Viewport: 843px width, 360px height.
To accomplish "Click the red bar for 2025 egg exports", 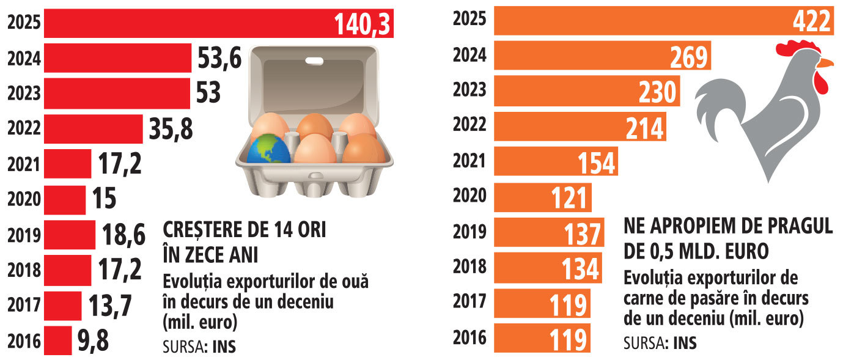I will pos(183,23).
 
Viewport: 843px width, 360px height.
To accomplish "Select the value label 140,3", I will pos(363,24).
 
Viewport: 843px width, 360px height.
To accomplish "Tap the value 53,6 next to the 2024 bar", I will pos(219,59).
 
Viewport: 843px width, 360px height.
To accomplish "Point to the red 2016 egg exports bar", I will pos(57,340).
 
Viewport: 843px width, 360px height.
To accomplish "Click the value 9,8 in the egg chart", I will pos(93,341).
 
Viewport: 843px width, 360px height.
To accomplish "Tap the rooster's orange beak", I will pos(825,62).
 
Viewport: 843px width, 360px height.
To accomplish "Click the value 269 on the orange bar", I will pos(688,57).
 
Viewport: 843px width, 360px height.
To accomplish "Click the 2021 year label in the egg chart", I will pos(24,164).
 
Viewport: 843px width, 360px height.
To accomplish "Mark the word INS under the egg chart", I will pos(224,347).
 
